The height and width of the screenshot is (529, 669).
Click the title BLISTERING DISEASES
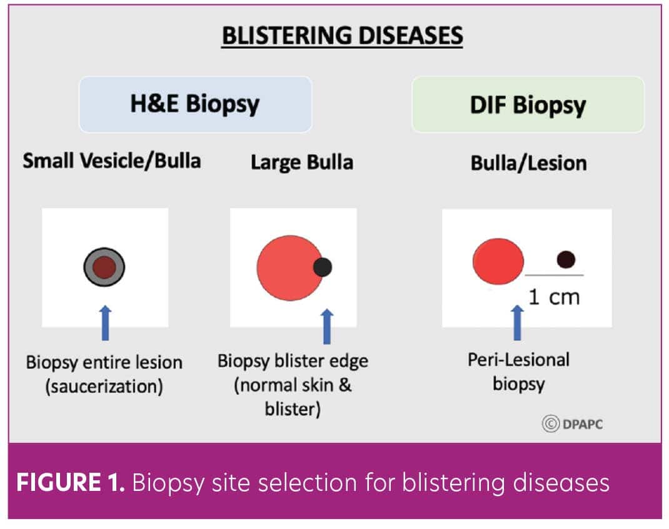pos(342,36)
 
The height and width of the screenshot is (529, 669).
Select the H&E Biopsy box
pos(196,104)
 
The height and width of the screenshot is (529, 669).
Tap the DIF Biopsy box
pos(528,104)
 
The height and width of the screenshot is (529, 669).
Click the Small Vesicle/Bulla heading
pos(112,161)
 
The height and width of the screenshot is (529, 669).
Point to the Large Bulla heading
pos(301,162)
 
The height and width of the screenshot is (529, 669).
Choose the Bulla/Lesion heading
pos(528,163)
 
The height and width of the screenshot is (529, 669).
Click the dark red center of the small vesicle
pos(104,267)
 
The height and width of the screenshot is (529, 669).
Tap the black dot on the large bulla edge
pos(323,267)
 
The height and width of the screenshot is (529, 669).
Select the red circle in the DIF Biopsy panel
pos(498,261)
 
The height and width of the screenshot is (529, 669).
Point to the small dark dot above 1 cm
pos(566,259)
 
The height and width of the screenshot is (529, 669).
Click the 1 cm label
pos(554,297)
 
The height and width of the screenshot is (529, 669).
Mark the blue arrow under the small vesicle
pos(106,323)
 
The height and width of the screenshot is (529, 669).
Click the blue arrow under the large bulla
pos(327,327)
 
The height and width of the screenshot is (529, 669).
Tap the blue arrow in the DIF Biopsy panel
pos(517,323)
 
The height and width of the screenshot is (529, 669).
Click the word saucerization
pos(104,386)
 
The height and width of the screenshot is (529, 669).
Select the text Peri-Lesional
pos(518,360)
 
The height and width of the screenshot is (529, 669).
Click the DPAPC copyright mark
pos(572,423)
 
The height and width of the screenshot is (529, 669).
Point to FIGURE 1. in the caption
pos(71,482)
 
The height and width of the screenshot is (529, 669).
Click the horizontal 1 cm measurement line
pos(554,275)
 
